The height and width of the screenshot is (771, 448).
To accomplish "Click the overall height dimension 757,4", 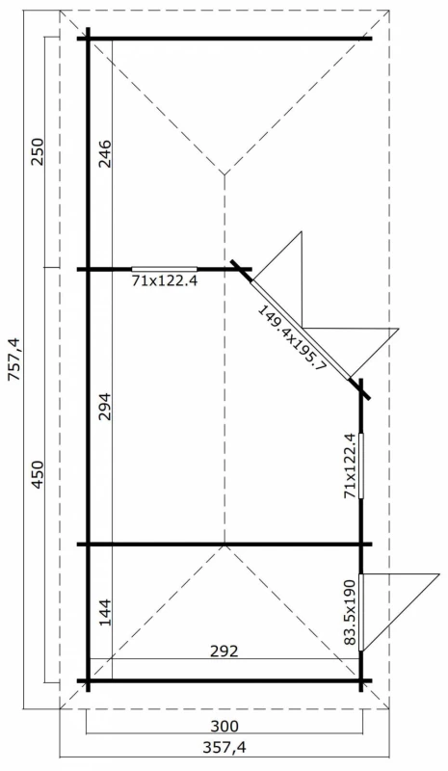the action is click(x=13, y=359).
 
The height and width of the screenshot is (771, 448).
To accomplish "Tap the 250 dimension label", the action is click(x=38, y=152).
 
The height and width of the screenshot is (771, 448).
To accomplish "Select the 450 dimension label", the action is click(x=38, y=475).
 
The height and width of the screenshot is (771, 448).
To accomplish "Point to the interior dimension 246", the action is click(x=105, y=154).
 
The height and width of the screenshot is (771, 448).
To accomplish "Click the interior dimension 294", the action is click(x=105, y=406).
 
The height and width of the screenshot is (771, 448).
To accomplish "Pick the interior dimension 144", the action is click(x=105, y=612).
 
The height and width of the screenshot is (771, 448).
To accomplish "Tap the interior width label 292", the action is click(x=224, y=651).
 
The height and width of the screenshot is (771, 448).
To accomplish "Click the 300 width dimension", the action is click(x=224, y=726).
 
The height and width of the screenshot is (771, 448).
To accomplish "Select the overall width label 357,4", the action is click(x=224, y=748).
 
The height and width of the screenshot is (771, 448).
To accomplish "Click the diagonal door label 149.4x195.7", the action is click(x=292, y=338).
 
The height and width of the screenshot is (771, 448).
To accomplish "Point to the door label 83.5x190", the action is click(x=349, y=612).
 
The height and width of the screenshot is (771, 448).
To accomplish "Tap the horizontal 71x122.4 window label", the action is click(x=164, y=280).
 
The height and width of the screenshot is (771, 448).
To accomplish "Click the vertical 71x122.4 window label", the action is click(x=349, y=465).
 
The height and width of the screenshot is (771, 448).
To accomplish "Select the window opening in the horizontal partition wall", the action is click(x=164, y=269).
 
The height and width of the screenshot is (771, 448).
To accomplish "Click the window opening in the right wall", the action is click(x=361, y=465).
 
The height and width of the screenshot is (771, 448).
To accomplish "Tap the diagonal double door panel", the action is click(x=301, y=330).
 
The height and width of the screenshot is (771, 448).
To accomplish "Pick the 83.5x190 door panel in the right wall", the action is click(x=361, y=612).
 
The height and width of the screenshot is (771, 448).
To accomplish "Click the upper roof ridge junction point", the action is click(x=224, y=174).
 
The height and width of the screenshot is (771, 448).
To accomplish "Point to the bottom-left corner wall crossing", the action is click(x=89, y=681).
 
